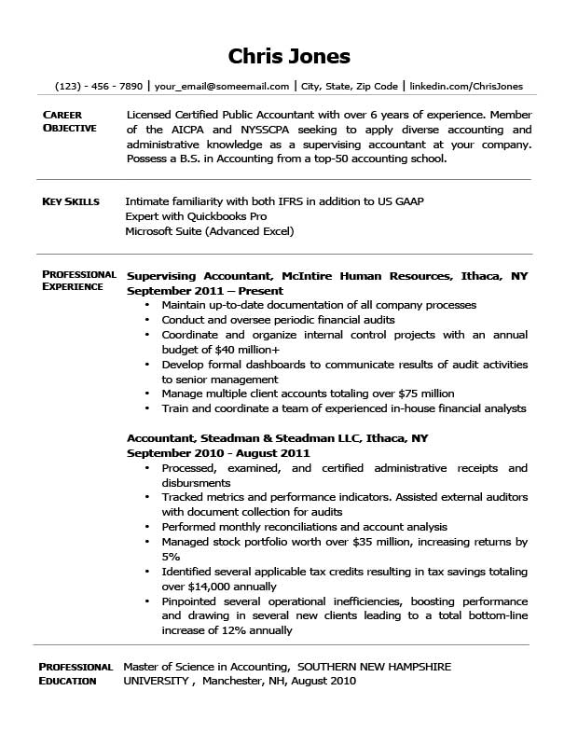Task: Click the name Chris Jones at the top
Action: click(x=289, y=56)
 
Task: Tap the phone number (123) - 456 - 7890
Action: click(x=99, y=86)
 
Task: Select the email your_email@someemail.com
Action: click(x=221, y=86)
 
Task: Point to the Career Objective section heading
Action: click(x=69, y=121)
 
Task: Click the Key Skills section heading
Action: click(x=71, y=201)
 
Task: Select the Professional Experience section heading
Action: click(x=79, y=281)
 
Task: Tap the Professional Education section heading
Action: click(x=76, y=673)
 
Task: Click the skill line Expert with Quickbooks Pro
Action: click(x=189, y=215)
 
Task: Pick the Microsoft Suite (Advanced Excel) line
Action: click(x=209, y=230)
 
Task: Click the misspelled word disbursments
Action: click(x=196, y=483)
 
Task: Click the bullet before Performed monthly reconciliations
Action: click(x=147, y=527)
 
